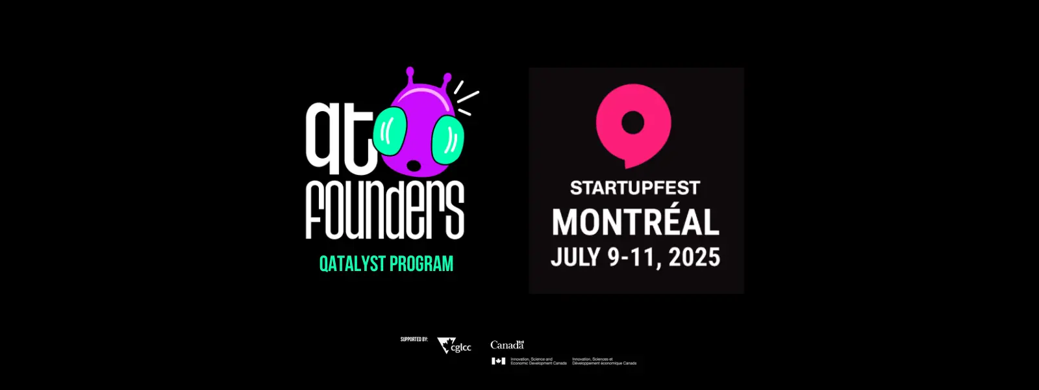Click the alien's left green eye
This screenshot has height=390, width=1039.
click(x=390, y=131)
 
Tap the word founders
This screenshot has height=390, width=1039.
click(x=384, y=209)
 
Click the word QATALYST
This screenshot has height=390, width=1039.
click(x=352, y=264)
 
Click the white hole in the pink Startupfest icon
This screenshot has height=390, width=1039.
click(x=632, y=122)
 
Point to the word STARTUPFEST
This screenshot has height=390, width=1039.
click(x=634, y=188)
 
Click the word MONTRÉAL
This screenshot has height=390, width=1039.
click(x=636, y=222)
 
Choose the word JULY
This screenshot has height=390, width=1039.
click(x=575, y=257)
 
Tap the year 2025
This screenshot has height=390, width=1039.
click(x=694, y=257)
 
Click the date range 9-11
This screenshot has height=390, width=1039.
click(x=631, y=257)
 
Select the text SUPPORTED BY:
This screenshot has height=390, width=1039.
click(x=414, y=339)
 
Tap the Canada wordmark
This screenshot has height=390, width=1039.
click(x=507, y=345)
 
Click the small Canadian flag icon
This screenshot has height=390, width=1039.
click(x=499, y=361)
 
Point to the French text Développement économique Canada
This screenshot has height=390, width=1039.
click(x=604, y=363)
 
